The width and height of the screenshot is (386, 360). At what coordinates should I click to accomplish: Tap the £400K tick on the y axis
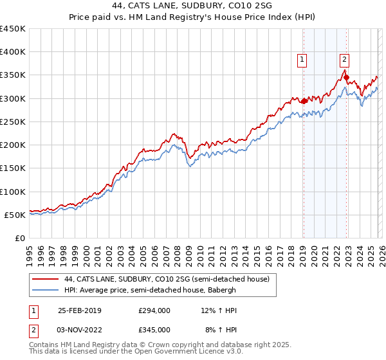(x=13, y=52)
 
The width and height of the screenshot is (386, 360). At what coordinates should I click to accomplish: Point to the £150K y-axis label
(x=13, y=168)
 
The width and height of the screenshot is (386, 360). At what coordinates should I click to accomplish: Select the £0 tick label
(x=19, y=239)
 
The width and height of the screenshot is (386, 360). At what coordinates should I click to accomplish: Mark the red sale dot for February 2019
(x=304, y=101)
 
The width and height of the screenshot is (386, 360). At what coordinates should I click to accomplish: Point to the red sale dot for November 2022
(x=346, y=78)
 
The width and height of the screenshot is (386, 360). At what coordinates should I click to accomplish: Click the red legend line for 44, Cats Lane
(x=46, y=279)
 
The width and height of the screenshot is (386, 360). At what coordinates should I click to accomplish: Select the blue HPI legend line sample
(x=46, y=290)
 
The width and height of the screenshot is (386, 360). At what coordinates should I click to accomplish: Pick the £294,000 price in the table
(x=154, y=310)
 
